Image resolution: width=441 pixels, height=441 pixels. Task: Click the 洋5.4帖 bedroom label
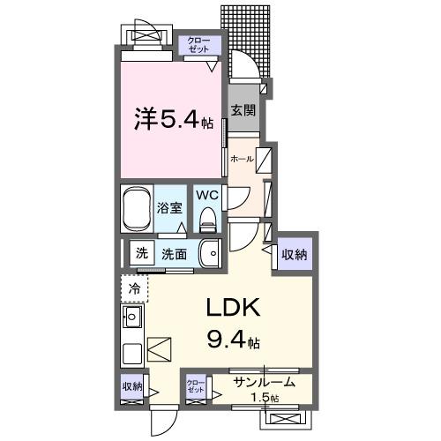coord(173,120)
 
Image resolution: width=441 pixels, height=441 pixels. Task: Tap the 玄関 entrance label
coord(243,110)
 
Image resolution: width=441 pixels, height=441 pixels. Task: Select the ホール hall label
coord(241,159)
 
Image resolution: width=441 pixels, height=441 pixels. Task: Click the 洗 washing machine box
coord(141,253)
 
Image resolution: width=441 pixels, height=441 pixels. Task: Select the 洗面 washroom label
coord(174,254)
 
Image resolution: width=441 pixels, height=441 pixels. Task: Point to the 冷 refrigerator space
coord(134,288)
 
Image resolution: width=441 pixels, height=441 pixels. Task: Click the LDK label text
coord(232,309)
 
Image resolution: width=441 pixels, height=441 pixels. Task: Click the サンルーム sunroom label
coord(264,383)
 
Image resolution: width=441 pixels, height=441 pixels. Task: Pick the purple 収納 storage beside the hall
coord(295,255)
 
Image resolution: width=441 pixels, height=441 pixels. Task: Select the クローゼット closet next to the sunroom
coord(196,386)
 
